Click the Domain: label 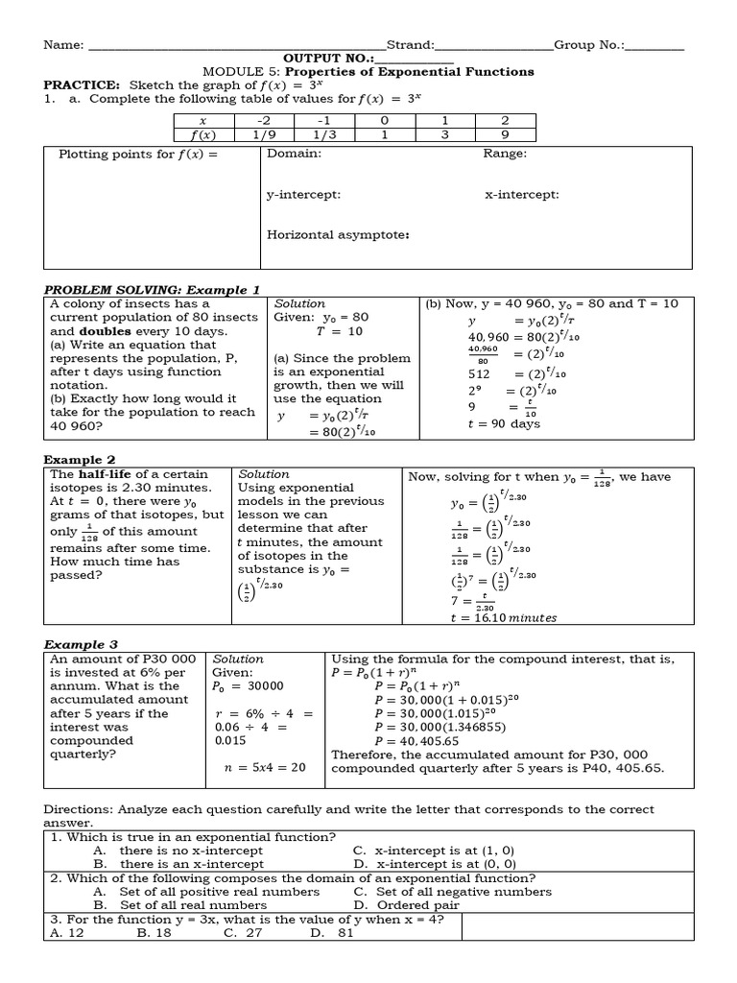tap(294, 154)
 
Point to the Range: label tap(505, 154)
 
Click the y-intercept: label tap(303, 195)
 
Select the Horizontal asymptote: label tap(338, 235)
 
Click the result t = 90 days tap(504, 423)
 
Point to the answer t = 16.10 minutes tap(503, 618)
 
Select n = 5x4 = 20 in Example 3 tap(264, 767)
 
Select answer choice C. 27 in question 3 tap(243, 932)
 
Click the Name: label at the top tap(63, 45)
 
